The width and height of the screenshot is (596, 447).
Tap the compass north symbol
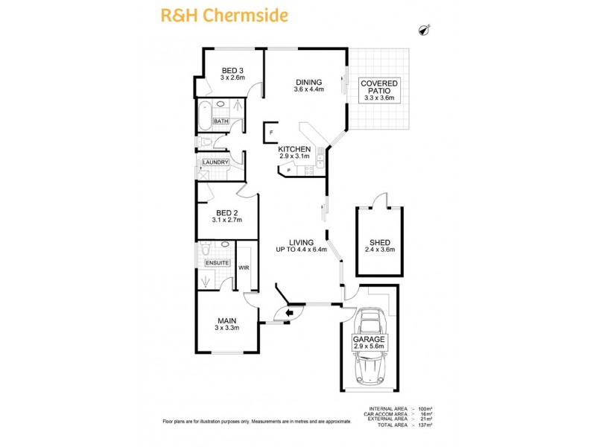coord(425,30)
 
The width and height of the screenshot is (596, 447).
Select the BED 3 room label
coord(232,71)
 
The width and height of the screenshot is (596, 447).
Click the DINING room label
coord(308,83)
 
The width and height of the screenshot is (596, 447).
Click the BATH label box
coord(221,121)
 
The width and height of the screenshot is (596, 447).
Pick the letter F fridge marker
coord(271,133)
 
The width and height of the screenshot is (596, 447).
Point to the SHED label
coord(378,242)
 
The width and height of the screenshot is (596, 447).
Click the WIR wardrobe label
coord(244,267)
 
